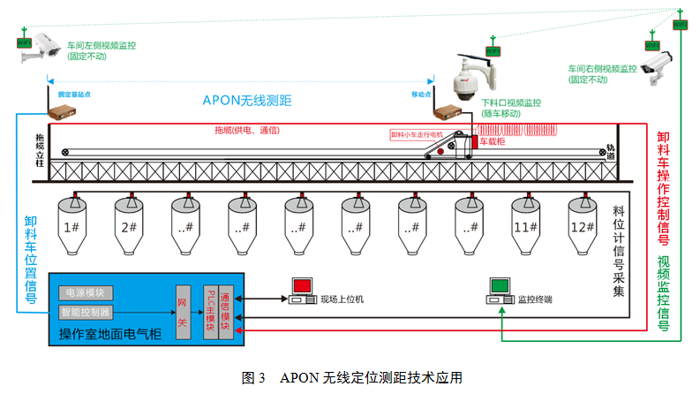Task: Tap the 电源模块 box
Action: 86,292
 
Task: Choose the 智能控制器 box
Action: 86,312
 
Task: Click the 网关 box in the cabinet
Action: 183,309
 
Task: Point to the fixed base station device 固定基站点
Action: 62,112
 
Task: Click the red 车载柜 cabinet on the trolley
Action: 474,142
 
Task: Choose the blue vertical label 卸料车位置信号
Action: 31,261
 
